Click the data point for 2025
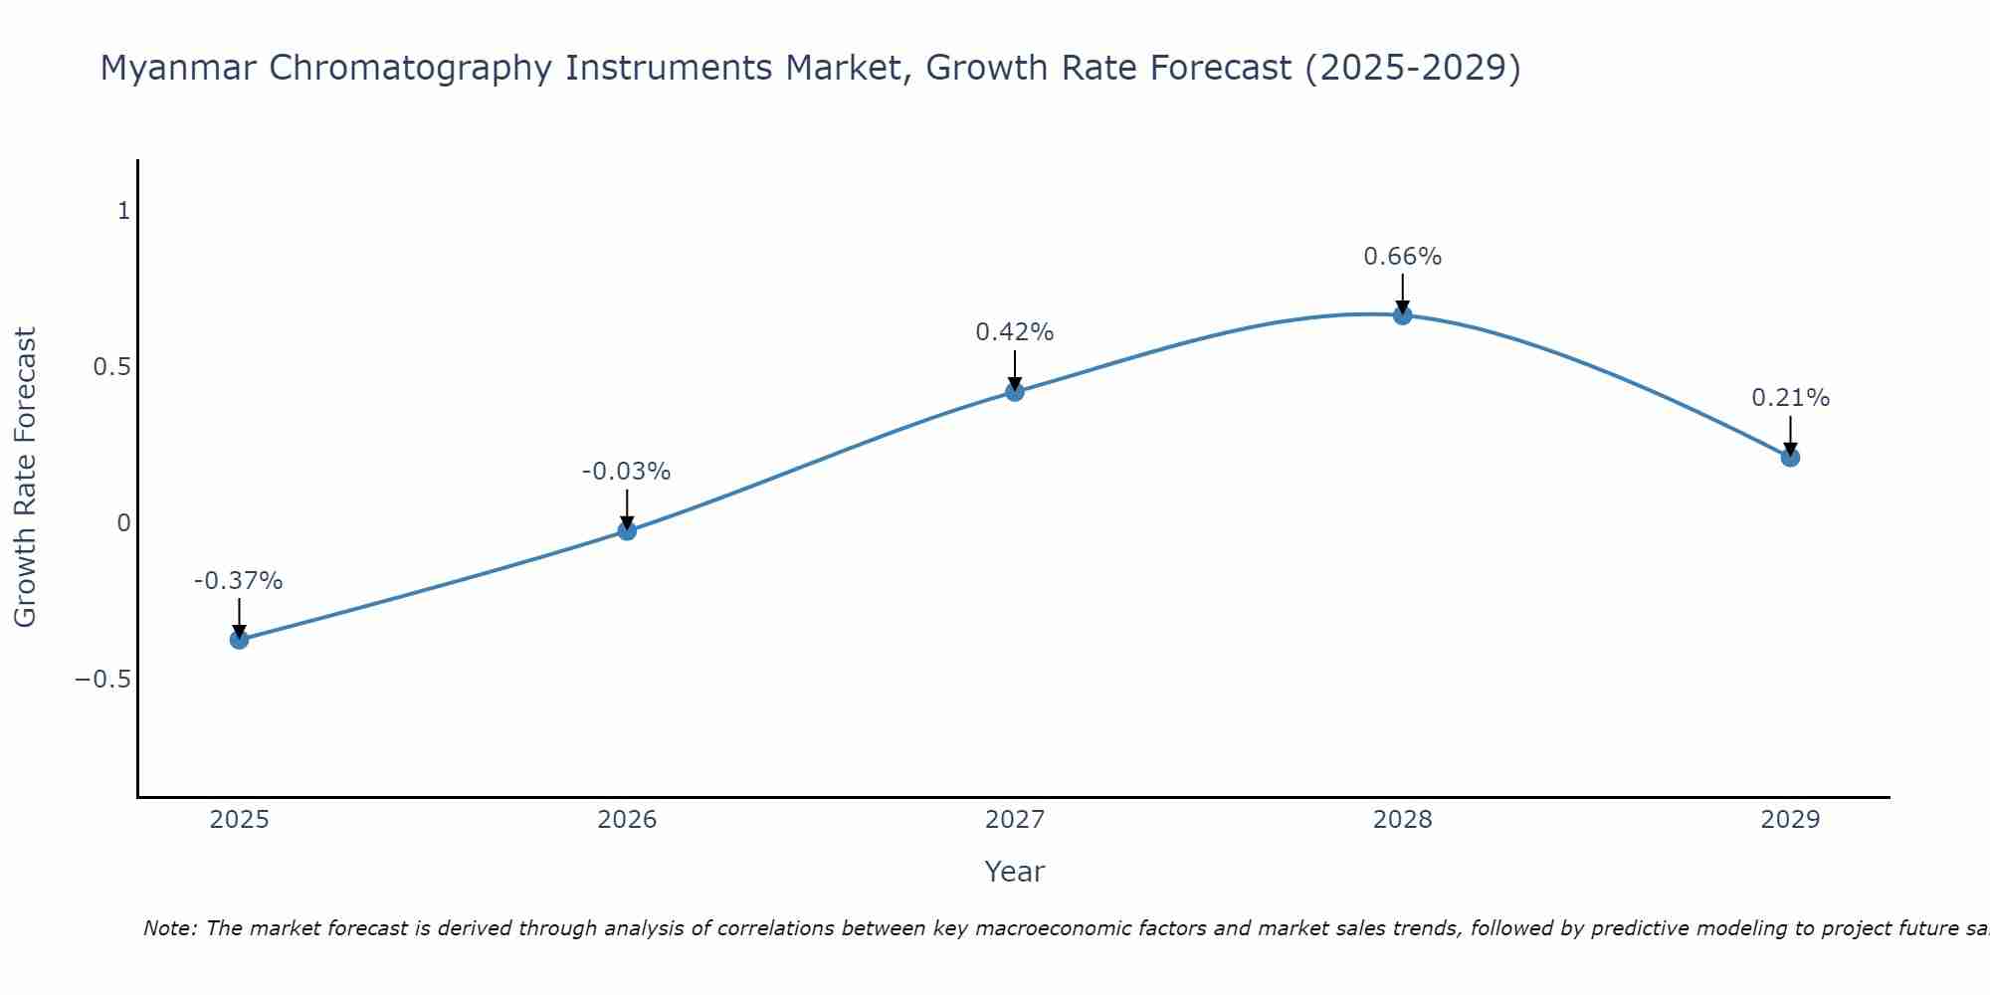(239, 639)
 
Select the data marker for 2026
(627, 530)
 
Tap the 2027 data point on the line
(1014, 392)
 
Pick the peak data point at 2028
(1402, 315)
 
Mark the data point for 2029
(1790, 458)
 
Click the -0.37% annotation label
(239, 581)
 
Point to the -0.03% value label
(626, 472)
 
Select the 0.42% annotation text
(1014, 332)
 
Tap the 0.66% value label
(1402, 257)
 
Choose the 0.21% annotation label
(1790, 398)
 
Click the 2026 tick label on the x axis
(627, 820)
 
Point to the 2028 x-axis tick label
(1402, 820)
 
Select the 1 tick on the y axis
(124, 211)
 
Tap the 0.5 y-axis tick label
(111, 367)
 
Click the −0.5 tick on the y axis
(102, 680)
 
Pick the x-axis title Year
(1014, 872)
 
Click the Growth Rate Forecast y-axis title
(25, 478)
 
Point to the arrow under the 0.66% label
(1402, 294)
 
